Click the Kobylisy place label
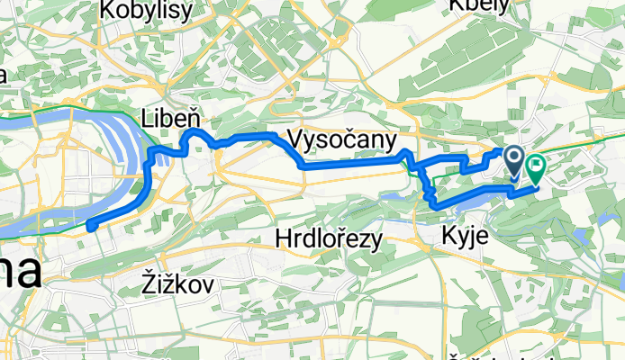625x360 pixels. click(146, 11)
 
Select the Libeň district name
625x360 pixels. click(168, 116)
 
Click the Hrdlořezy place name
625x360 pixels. click(329, 238)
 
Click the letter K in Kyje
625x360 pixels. click(449, 237)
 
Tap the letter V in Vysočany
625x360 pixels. click(295, 139)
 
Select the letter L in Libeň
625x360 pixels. click(148, 116)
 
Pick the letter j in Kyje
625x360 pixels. click(472, 238)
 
